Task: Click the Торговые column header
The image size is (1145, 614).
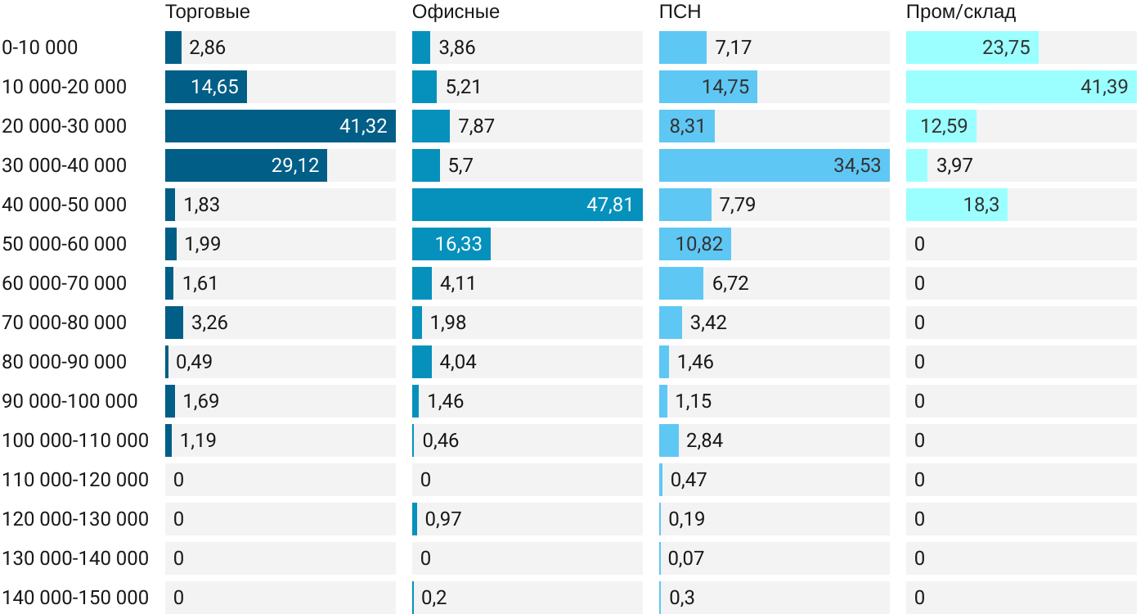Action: [x=207, y=12]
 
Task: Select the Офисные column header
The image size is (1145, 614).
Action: [x=456, y=12]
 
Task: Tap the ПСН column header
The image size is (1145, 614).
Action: [x=680, y=12]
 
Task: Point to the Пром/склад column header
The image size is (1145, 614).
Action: [x=961, y=12]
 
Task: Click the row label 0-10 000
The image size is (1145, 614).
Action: [x=40, y=47]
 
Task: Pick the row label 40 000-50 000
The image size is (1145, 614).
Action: [x=65, y=205]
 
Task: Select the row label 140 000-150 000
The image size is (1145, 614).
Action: [x=75, y=598]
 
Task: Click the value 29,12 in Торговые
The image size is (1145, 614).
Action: [x=295, y=165]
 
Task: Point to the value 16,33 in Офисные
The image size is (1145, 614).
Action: [x=459, y=244]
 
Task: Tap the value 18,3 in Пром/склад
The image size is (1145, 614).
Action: [x=981, y=205]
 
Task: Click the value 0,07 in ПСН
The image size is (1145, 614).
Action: [x=686, y=558]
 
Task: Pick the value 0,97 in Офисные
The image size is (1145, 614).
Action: [x=442, y=519]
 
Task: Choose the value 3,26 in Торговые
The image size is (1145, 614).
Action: [x=209, y=323]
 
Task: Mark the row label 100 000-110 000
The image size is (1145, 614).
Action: [x=75, y=440]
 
